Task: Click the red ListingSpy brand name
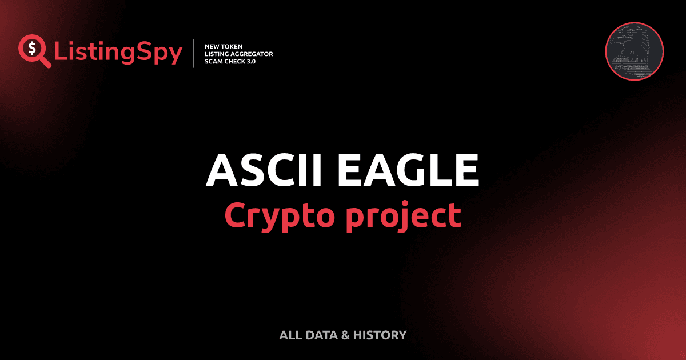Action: pyautogui.click(x=118, y=53)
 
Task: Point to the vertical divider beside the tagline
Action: pyautogui.click(x=195, y=53)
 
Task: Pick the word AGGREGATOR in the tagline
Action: pyautogui.click(x=252, y=53)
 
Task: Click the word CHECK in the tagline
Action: pyautogui.click(x=238, y=61)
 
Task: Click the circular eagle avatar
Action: pyautogui.click(x=634, y=51)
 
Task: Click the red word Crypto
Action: pyautogui.click(x=277, y=215)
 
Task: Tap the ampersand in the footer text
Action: pyautogui.click(x=345, y=335)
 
